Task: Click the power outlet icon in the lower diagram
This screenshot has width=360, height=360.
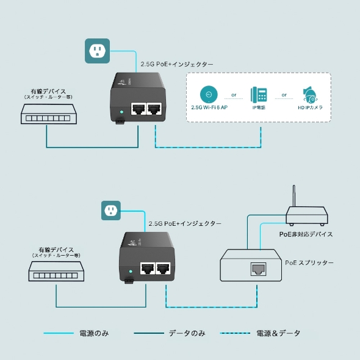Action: [111, 211]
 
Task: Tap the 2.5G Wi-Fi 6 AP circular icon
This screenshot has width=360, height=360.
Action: [209, 94]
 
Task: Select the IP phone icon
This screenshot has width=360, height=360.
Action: [259, 95]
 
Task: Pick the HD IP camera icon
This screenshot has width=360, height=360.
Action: [310, 95]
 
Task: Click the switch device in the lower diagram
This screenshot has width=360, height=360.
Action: [56, 273]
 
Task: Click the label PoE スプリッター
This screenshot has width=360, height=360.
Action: [309, 262]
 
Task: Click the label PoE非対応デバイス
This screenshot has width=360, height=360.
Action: [306, 234]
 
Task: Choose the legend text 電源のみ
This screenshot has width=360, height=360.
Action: [94, 333]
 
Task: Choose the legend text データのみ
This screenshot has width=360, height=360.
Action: [187, 333]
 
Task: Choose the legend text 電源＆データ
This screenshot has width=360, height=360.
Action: [278, 333]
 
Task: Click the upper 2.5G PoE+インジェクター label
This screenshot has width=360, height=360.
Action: [177, 63]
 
